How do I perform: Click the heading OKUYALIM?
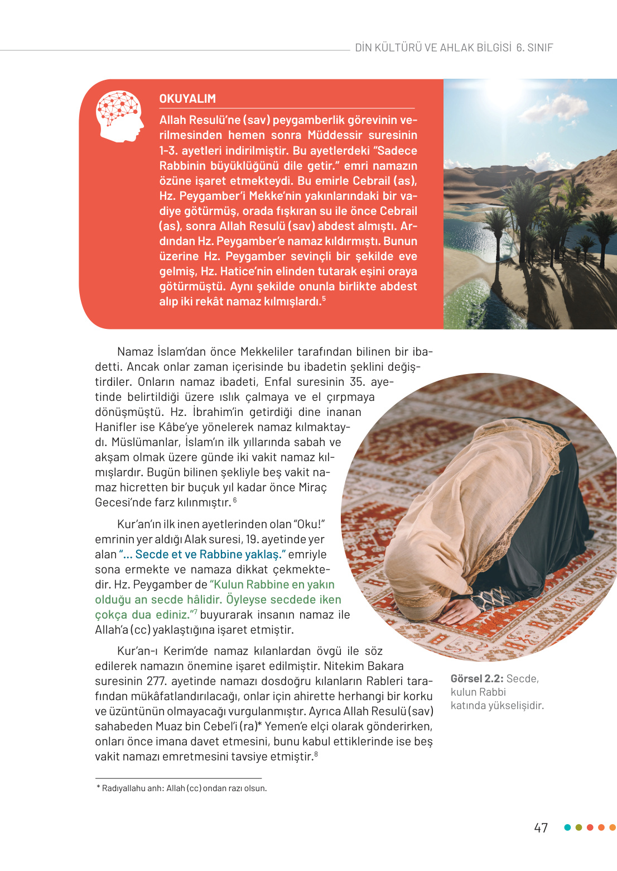point(187,99)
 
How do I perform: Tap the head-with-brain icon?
point(119,116)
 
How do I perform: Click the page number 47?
point(541,827)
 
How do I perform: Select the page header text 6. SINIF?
point(534,48)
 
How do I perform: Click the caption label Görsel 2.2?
point(477,679)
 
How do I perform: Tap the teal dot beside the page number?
point(567,827)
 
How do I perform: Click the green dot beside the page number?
point(579,827)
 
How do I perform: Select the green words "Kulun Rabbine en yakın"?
point(272,585)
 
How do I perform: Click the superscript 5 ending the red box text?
point(324,299)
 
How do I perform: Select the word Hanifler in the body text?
point(116,427)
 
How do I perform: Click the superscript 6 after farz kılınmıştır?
point(235,500)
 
